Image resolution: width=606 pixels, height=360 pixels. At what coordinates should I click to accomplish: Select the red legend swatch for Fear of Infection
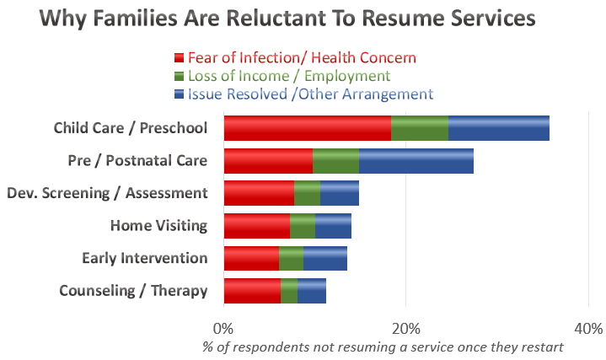(x=179, y=58)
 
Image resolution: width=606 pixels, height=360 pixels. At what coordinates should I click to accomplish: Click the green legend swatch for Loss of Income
(x=179, y=76)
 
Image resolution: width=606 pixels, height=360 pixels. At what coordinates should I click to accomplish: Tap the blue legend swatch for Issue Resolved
(x=179, y=94)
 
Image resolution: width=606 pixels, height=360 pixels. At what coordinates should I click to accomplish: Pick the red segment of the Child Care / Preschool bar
(x=307, y=128)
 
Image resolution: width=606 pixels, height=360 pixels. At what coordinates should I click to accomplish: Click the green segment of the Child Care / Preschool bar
(x=419, y=128)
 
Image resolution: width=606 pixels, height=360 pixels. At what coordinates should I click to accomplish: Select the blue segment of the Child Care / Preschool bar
(x=498, y=128)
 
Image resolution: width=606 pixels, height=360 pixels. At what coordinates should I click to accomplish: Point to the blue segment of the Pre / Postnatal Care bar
(x=416, y=161)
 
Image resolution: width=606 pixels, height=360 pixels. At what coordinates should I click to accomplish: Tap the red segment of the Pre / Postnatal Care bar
(x=268, y=161)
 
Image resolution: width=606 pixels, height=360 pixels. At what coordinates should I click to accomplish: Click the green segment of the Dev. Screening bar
(x=307, y=193)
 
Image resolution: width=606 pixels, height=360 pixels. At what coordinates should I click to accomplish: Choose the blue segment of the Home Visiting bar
(x=333, y=226)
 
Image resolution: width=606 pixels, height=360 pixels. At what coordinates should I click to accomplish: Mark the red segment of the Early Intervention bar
(x=251, y=258)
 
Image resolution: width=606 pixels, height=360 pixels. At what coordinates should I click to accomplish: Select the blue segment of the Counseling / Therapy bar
(x=312, y=291)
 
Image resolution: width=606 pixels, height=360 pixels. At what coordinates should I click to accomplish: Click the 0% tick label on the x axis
(x=223, y=327)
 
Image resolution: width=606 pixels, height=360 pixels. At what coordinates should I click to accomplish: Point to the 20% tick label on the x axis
(x=405, y=327)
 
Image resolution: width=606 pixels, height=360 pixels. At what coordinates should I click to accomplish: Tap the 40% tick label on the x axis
(x=587, y=327)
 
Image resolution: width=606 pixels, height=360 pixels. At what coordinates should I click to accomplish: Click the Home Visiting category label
(x=158, y=226)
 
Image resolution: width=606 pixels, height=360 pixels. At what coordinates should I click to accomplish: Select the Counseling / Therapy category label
(x=133, y=291)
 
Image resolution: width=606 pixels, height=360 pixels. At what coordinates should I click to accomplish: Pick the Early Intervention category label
(x=144, y=258)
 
